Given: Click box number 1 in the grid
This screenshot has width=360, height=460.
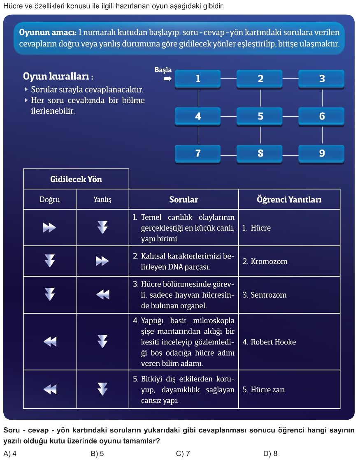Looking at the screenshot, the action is (x=197, y=79).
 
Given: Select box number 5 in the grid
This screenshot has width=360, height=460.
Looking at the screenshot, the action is (x=260, y=116).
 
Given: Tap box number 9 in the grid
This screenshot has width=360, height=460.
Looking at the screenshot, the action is (x=321, y=154).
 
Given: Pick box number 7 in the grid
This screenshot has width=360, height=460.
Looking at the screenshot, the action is (x=197, y=154).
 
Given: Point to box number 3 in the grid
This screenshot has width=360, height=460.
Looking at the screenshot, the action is (x=321, y=79).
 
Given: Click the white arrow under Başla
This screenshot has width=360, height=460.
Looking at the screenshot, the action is (x=168, y=79).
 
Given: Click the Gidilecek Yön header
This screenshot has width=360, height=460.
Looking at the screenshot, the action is (x=76, y=179).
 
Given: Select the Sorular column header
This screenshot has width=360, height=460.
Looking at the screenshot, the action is (x=183, y=200).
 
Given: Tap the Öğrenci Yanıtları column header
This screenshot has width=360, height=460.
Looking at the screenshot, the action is (x=289, y=200).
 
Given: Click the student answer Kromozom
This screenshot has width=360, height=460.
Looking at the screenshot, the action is (x=265, y=261).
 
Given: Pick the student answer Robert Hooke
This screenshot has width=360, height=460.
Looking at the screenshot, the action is (x=269, y=342).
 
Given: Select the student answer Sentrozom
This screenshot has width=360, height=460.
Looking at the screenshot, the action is (x=265, y=295).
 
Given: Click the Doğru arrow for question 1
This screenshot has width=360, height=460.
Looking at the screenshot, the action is (x=49, y=227).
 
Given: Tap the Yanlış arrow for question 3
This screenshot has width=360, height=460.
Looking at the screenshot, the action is (x=103, y=294).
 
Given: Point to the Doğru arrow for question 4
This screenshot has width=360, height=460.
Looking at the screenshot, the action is (x=50, y=342).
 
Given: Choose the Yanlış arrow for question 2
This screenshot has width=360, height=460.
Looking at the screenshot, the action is (x=102, y=261).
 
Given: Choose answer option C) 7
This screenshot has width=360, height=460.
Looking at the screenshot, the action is (x=183, y=453).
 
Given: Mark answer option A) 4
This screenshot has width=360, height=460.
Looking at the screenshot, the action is (x=10, y=453).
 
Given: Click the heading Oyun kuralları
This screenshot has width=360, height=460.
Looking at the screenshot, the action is (x=58, y=76).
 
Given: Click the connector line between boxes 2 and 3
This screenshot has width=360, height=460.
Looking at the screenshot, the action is (x=290, y=79).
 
